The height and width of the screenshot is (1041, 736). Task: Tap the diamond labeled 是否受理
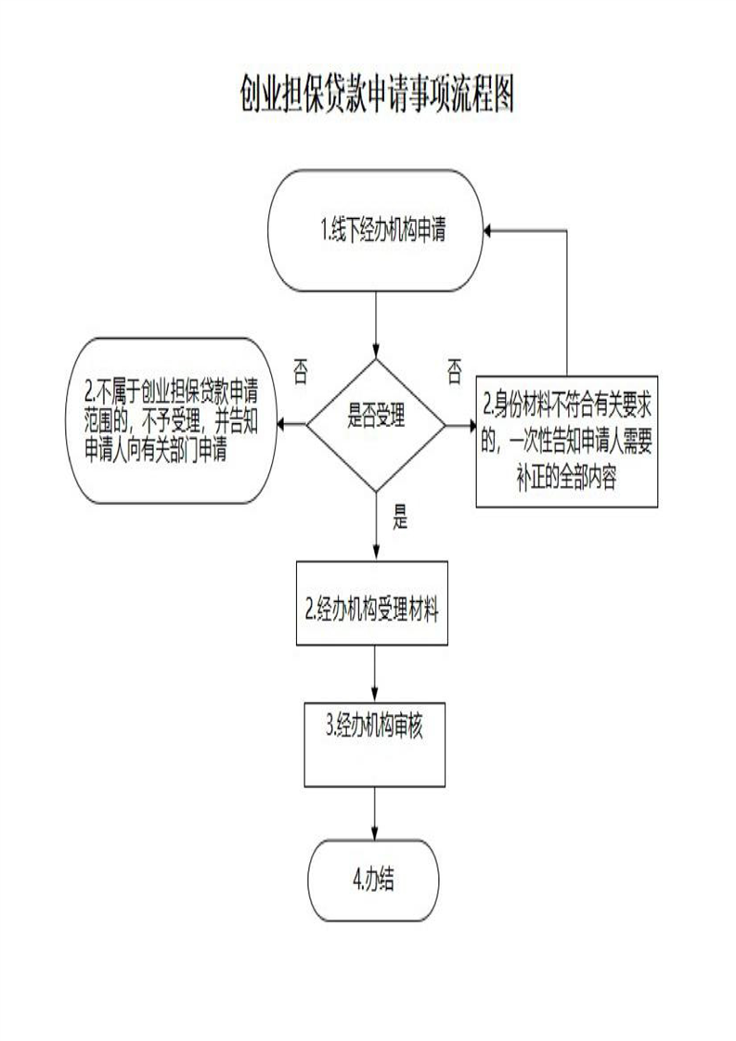[x=376, y=424]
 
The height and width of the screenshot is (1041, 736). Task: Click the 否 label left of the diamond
[x=300, y=372]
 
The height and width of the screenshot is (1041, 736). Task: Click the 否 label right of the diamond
[x=454, y=372]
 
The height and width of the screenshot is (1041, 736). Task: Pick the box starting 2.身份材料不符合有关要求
[x=568, y=443]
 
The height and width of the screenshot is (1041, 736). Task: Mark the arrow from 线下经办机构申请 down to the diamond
[x=376, y=325]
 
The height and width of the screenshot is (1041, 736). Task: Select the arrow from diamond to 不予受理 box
[x=293, y=426]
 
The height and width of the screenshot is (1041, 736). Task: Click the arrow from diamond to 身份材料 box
[x=460, y=426]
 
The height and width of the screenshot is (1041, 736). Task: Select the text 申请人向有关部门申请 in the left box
[x=158, y=448]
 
